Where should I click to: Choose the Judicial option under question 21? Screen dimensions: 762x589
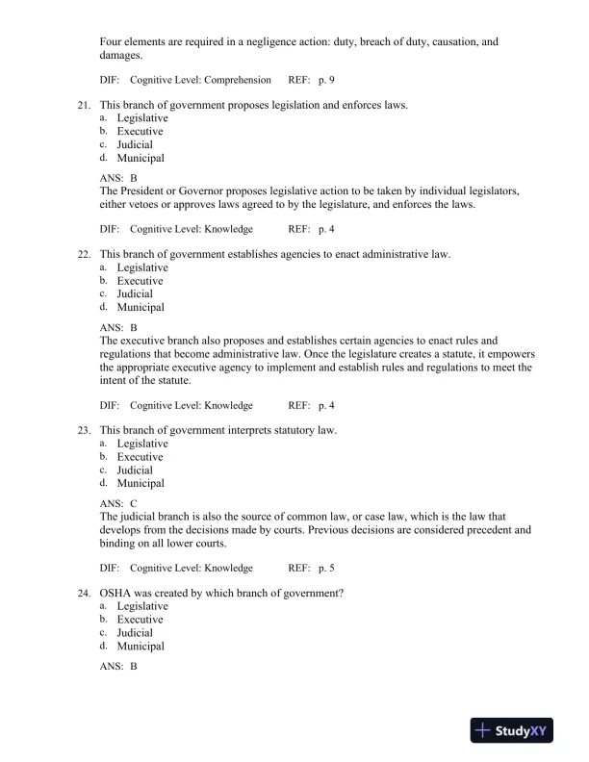coord(135,144)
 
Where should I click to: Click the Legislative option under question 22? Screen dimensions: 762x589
coord(142,267)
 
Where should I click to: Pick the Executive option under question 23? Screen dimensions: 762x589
coord(141,457)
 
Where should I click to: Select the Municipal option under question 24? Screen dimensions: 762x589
coord(141,647)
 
